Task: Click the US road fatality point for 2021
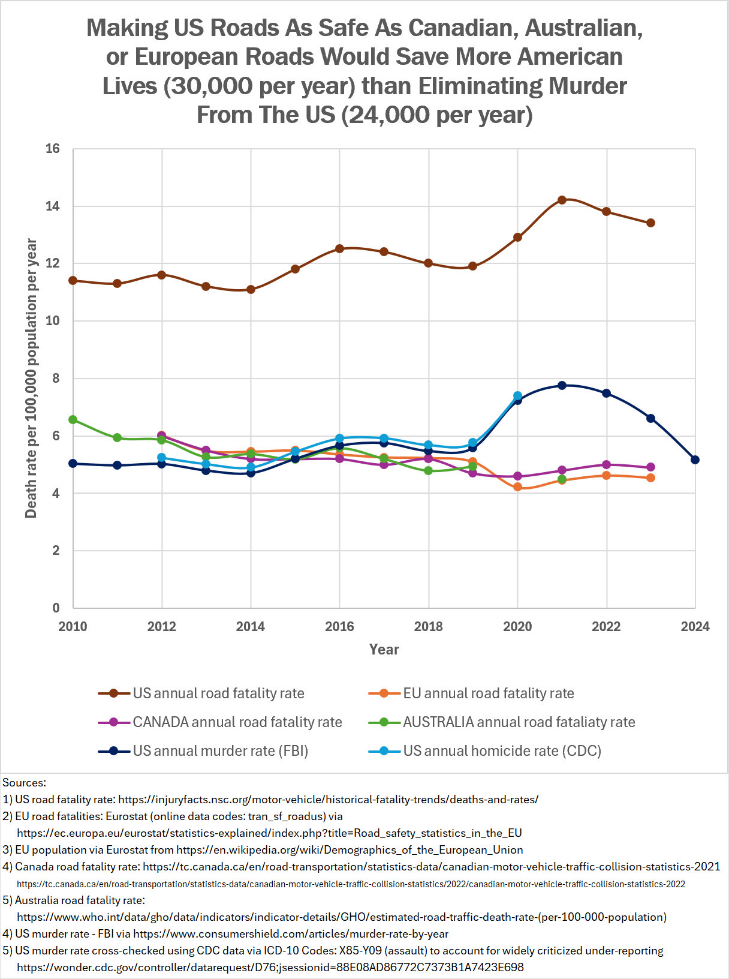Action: tap(562, 200)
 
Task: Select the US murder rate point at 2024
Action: tap(695, 460)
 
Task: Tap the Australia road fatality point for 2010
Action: tap(73, 419)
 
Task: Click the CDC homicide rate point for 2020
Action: tap(517, 396)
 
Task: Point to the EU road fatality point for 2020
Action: tap(517, 487)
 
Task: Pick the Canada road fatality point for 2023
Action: tap(650, 467)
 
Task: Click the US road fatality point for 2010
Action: tap(73, 280)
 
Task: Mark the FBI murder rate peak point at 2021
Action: tap(562, 385)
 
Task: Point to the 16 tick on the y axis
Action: tap(53, 149)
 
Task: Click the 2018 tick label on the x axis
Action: tap(428, 627)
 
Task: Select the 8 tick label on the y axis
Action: tap(56, 379)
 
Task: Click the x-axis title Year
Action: tap(384, 650)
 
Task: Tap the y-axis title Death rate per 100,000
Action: tap(31, 378)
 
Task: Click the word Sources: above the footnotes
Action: tap(25, 783)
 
